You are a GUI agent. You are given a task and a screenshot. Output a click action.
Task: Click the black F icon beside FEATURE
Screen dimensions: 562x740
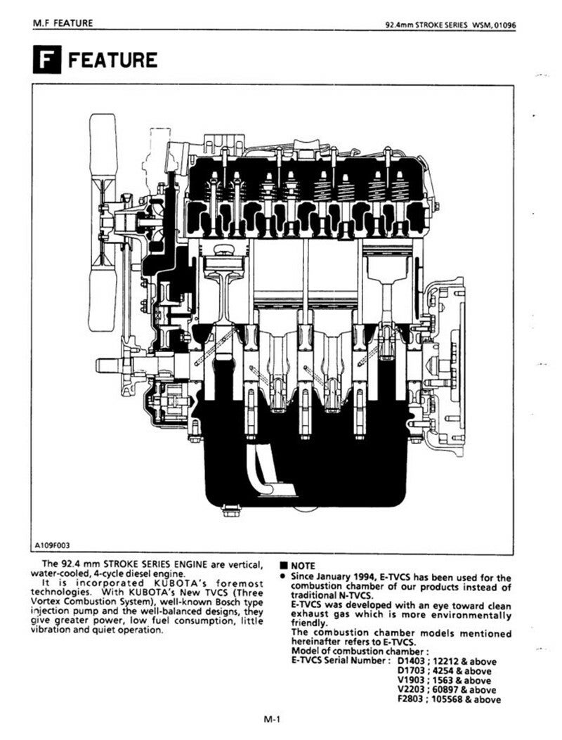[46, 60]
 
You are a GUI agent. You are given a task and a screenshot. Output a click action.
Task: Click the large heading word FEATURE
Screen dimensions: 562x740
[113, 60]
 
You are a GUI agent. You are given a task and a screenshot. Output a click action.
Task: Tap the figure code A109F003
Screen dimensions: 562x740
[53, 545]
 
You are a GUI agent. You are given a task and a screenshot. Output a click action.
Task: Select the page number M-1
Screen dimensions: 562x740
[273, 720]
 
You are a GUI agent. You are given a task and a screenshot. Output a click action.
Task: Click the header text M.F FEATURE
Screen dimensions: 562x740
[63, 22]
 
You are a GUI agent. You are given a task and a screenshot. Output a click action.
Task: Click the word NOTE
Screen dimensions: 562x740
[303, 566]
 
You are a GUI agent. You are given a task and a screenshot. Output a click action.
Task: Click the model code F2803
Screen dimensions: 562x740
[411, 699]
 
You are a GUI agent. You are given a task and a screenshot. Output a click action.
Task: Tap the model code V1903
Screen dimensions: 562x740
[411, 680]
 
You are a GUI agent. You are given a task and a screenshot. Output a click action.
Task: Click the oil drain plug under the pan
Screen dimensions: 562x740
[230, 511]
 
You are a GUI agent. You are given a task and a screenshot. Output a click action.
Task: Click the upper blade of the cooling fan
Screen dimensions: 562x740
[103, 145]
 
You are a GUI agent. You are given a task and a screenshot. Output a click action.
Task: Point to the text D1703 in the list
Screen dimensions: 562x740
[411, 671]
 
